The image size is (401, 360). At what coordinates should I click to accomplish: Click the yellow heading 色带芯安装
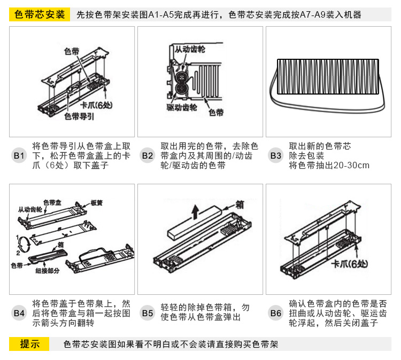(40, 14)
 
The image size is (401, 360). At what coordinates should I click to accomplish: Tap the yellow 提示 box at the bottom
(29, 344)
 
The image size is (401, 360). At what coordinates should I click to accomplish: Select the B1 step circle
(19, 155)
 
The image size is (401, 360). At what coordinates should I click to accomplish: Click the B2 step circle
(148, 155)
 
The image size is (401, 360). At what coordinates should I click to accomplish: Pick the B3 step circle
(276, 155)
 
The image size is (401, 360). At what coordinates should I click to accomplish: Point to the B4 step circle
(19, 313)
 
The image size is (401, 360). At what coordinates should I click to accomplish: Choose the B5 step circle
(148, 313)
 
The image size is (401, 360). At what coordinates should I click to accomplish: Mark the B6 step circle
(276, 313)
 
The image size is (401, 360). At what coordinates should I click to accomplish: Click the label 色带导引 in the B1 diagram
(79, 116)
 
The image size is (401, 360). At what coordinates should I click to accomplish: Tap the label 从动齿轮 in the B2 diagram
(190, 49)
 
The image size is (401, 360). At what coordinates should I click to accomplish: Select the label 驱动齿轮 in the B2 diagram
(182, 107)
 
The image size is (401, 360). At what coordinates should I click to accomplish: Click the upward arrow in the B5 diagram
(195, 212)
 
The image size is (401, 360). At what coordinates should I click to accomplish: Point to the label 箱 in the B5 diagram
(240, 205)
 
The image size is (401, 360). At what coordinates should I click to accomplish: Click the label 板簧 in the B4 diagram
(96, 203)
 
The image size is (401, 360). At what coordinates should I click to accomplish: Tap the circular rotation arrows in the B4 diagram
(24, 244)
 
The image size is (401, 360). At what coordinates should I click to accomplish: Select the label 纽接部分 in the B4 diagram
(47, 271)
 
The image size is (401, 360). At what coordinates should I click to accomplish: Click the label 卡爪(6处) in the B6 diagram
(350, 264)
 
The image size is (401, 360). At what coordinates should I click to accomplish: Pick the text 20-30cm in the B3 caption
(352, 165)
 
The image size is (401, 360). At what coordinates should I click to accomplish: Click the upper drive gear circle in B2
(182, 76)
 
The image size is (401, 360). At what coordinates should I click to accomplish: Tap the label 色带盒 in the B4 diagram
(52, 202)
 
